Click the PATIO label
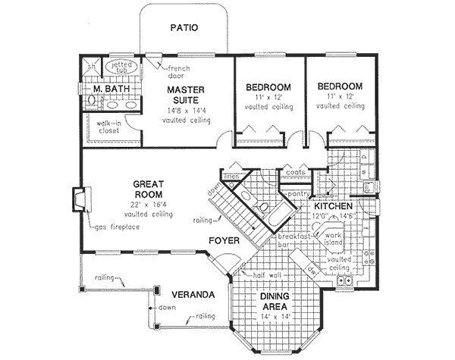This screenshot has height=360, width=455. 184,28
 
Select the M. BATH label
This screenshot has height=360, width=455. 111,89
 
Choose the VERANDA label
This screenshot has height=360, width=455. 190,293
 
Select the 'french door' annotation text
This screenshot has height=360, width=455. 179,72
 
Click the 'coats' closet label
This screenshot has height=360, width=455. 295,171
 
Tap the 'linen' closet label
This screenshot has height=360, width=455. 231,177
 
